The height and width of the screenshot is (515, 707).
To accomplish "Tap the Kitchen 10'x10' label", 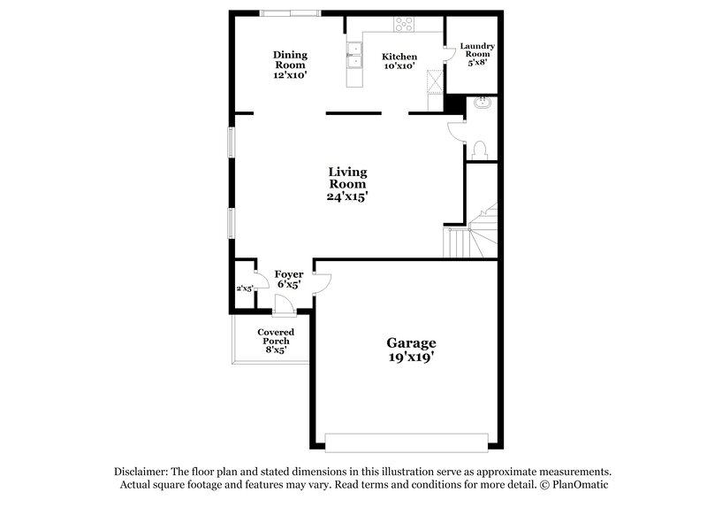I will click(399, 61).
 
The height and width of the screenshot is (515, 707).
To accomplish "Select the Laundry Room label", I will click(477, 54).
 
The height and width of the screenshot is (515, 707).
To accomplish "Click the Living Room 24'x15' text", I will click(347, 184).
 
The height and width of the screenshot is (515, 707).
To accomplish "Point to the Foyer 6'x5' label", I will click(289, 280).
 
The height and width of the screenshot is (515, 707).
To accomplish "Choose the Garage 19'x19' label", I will click(411, 350).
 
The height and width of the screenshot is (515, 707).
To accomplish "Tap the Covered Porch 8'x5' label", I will click(276, 341).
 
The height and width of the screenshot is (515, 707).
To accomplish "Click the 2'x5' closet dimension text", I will click(244, 288).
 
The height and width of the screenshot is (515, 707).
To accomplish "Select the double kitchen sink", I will click(354, 56).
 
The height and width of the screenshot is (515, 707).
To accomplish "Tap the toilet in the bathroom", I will click(480, 148).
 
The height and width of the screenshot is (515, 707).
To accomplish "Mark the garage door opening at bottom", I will click(407, 441).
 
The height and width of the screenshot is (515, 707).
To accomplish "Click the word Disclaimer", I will click(144, 472).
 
